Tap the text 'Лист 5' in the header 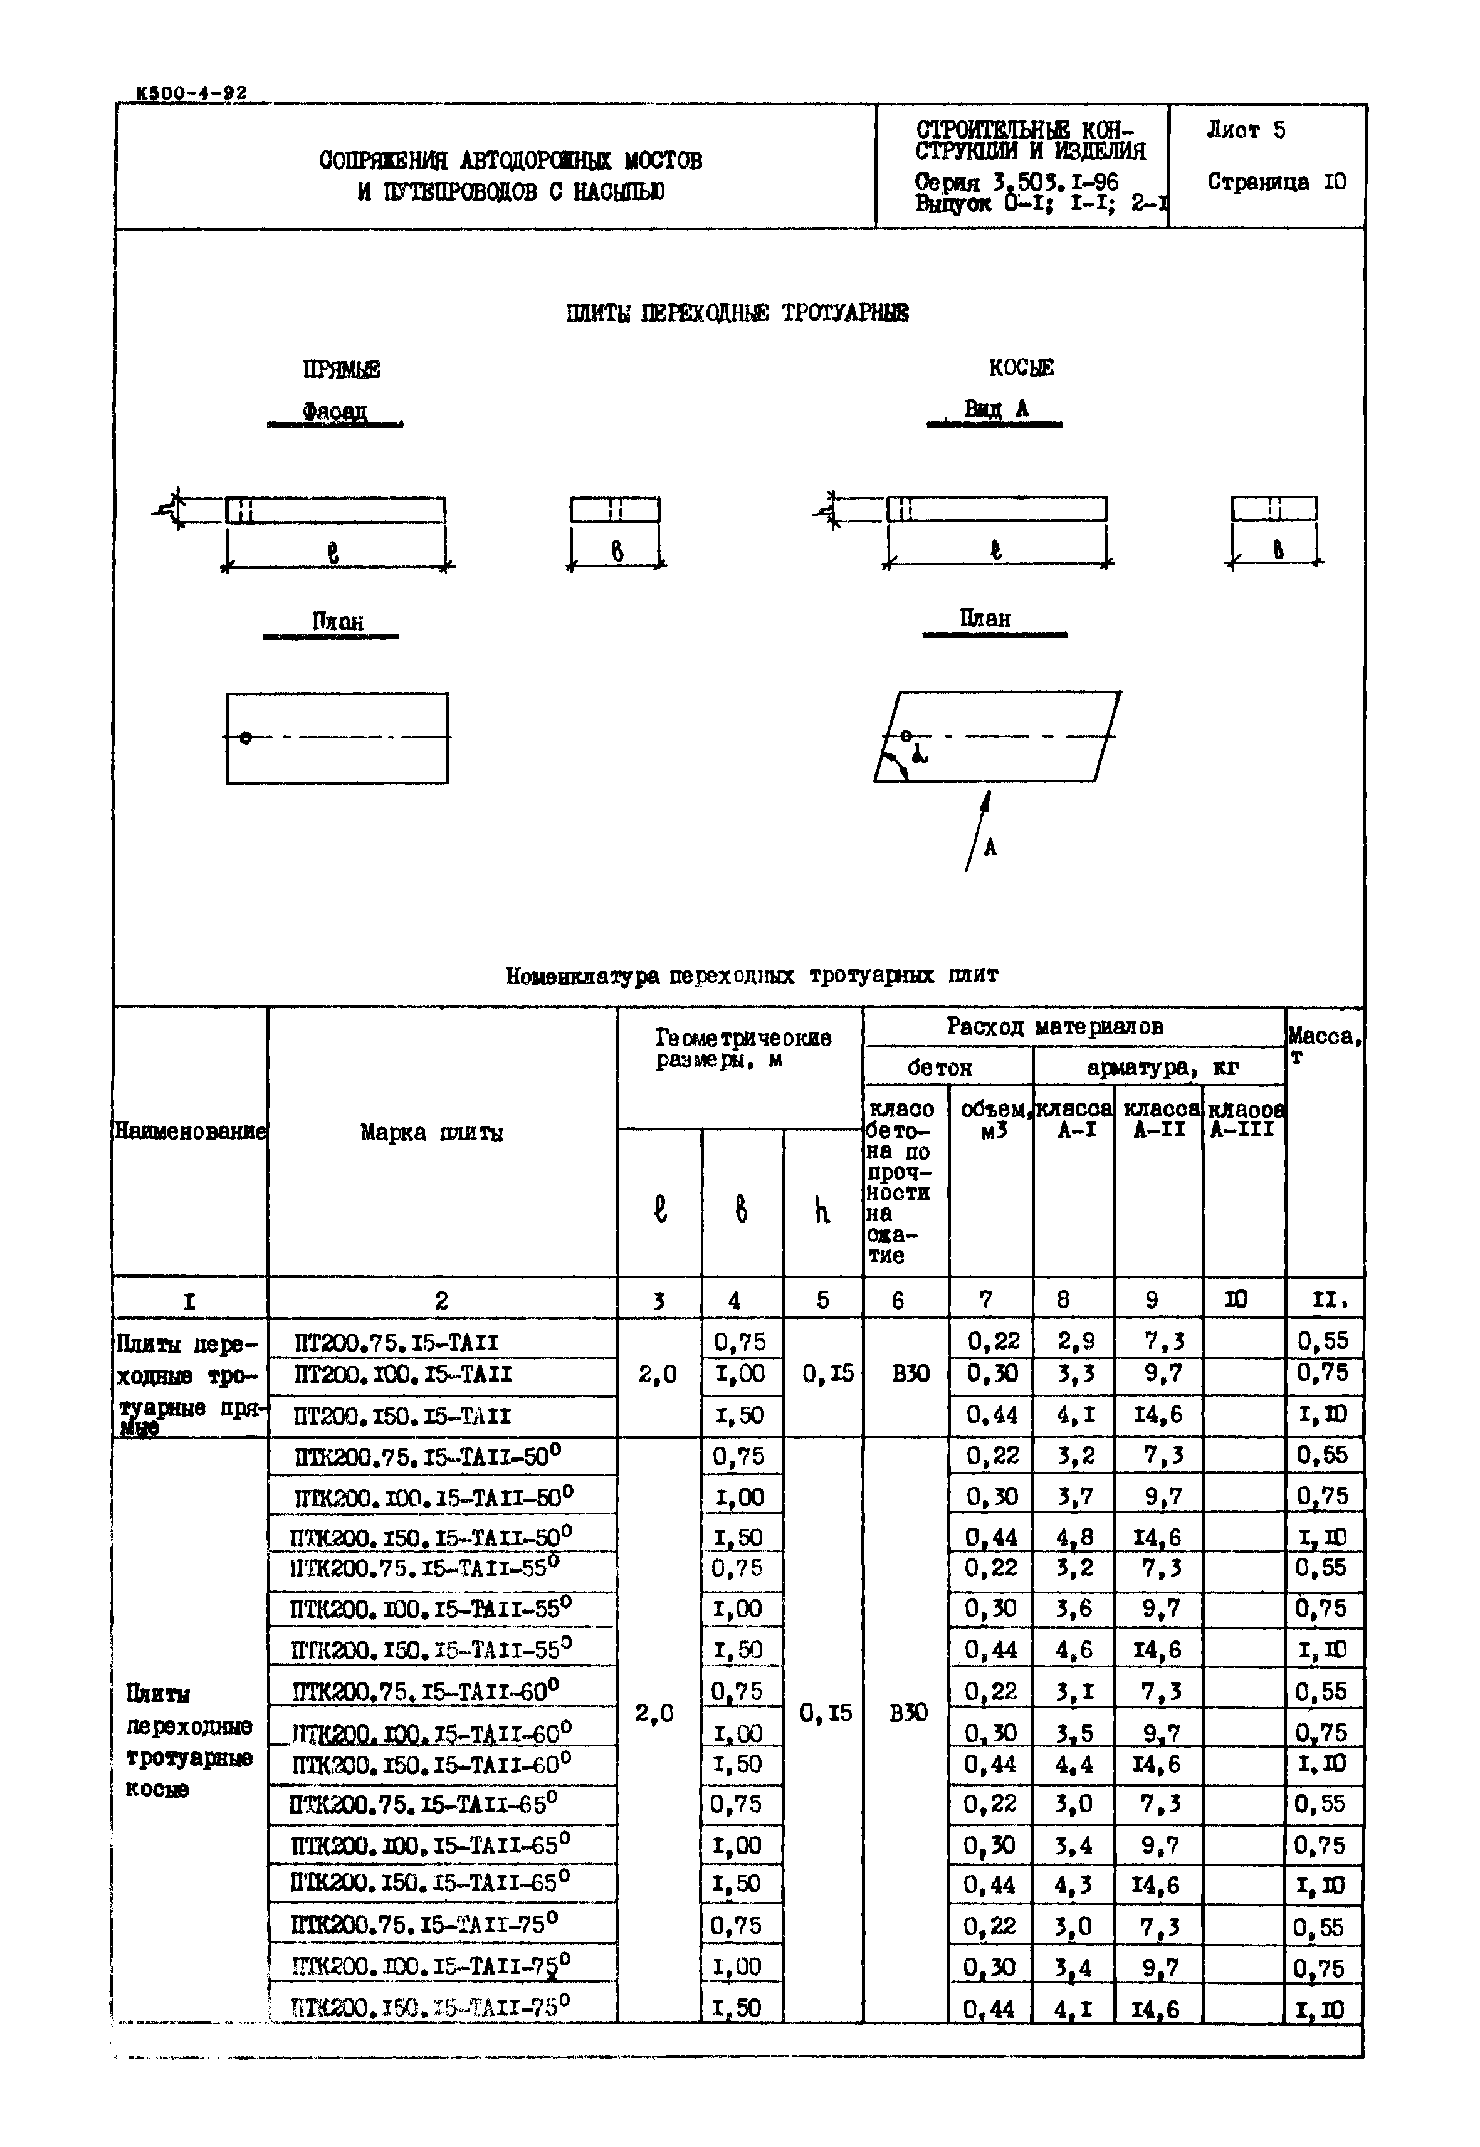pos(1246,131)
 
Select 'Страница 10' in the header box pos(1276,182)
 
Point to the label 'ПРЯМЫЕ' pos(341,370)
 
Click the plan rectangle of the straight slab pos(337,738)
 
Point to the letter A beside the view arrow pos(990,847)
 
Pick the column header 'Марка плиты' pos(432,1132)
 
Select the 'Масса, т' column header pos(1324,1045)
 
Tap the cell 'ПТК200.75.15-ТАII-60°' pos(426,1691)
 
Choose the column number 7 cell pos(987,1300)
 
